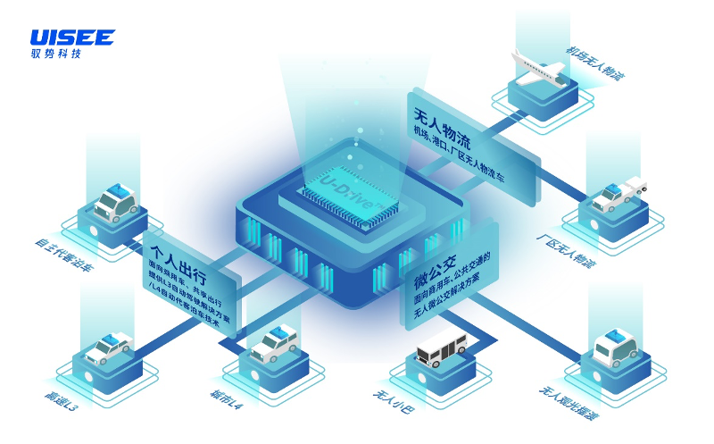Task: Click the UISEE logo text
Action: point(72,38)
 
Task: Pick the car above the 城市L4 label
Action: point(274,342)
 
